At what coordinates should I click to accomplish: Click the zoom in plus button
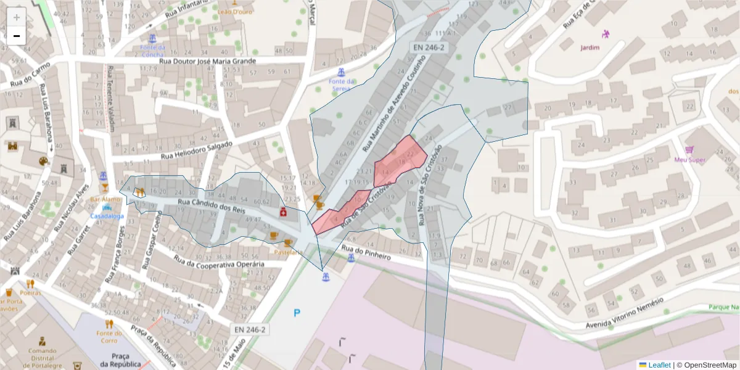(x=17, y=17)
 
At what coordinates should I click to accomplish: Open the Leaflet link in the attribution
(x=659, y=365)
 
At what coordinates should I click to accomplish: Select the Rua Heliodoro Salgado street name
(x=197, y=150)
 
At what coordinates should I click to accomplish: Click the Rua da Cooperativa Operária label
(x=219, y=261)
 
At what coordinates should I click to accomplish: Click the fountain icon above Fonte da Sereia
(x=340, y=70)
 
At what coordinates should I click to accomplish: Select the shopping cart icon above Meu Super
(x=689, y=150)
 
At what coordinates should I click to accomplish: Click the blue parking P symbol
(x=297, y=313)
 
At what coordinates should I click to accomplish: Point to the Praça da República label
(x=120, y=360)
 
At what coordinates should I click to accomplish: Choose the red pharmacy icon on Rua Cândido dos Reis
(x=283, y=212)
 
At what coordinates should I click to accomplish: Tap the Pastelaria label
(x=288, y=252)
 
